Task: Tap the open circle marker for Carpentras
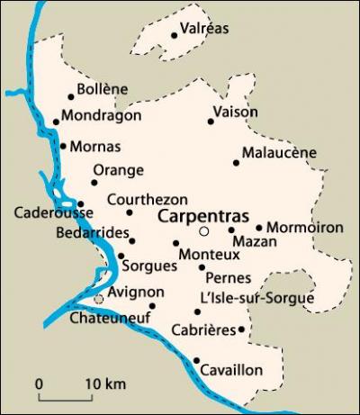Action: coord(204,231)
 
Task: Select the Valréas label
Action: coord(204,28)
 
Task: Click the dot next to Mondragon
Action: coord(56,122)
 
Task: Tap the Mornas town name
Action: coord(94,146)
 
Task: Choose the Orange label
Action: coord(118,169)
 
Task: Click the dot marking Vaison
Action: coord(211,121)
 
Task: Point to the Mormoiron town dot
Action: coord(259,228)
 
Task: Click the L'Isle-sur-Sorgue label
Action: coord(257,298)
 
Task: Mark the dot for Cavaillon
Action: coord(196,361)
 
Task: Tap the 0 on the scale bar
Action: coord(40,385)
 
